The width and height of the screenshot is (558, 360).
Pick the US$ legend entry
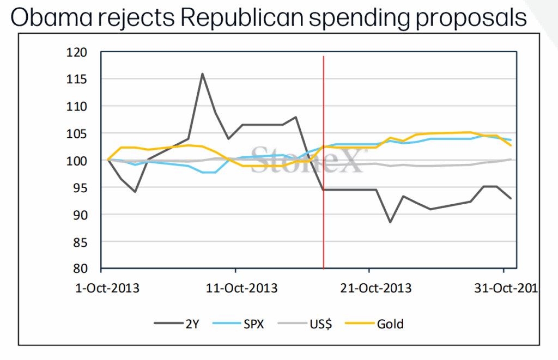[x=319, y=324]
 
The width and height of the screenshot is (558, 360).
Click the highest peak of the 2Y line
[x=202, y=74]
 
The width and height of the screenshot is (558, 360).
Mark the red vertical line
[x=324, y=163]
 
